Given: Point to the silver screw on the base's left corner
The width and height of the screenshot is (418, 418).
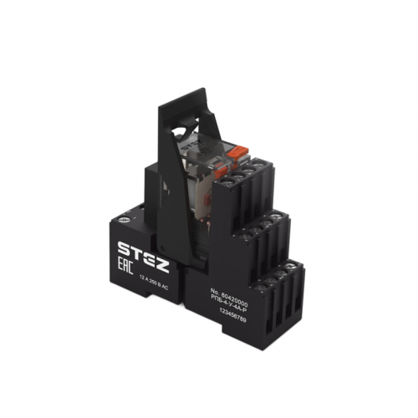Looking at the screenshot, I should [127, 217].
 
